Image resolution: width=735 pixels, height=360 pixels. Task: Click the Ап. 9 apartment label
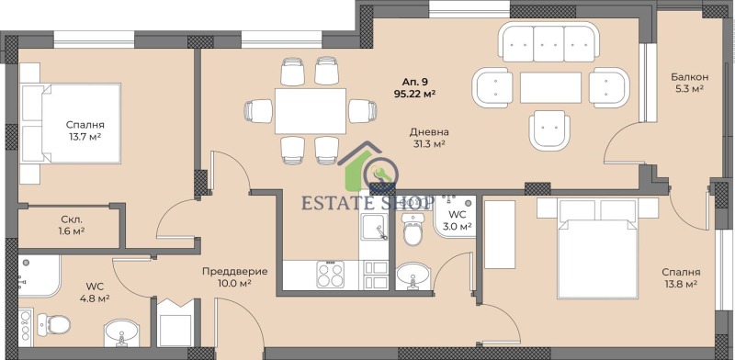point(413,80)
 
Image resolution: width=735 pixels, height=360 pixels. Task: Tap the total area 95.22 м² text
point(414,93)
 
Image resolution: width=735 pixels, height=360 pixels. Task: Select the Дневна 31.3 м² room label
point(427,138)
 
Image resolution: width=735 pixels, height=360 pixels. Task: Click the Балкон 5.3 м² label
point(686,84)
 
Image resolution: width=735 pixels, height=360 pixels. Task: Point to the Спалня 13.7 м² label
point(84,130)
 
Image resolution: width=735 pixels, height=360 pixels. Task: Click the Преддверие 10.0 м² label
point(234,277)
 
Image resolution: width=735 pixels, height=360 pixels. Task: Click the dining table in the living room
point(310,111)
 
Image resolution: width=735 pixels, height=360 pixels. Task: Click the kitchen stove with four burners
point(330,274)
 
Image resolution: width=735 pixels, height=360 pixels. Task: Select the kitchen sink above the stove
point(375,229)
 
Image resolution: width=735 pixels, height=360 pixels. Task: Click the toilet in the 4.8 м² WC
point(57,323)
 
